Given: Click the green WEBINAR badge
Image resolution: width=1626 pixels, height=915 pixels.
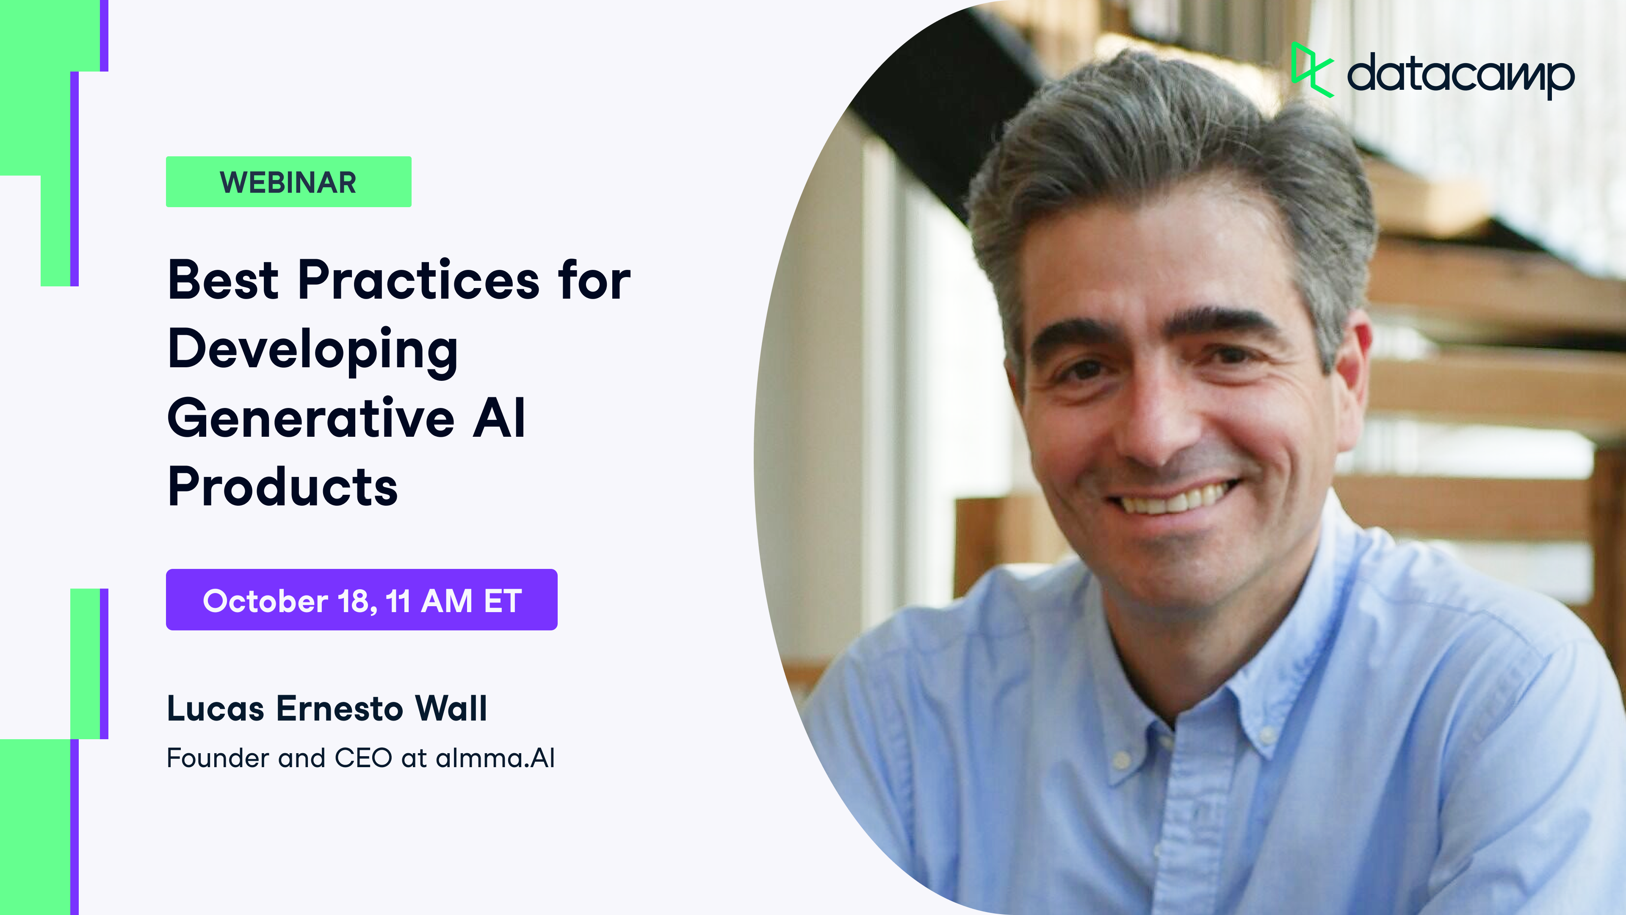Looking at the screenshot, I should (288, 182).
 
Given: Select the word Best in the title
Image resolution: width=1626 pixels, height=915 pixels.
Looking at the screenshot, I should (223, 280).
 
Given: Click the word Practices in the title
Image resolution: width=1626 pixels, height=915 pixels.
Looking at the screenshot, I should (418, 280).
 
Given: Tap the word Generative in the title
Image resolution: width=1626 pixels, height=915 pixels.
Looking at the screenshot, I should (310, 419).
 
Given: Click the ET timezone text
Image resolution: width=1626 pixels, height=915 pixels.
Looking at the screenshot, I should (503, 601).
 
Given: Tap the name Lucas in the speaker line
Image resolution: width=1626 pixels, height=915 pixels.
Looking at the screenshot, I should (215, 709).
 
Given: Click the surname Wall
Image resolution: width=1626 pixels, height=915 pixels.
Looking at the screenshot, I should (451, 709).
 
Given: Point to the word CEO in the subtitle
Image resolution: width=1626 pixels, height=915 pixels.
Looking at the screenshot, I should (363, 758).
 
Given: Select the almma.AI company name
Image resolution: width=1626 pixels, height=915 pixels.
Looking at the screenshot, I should (495, 758).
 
